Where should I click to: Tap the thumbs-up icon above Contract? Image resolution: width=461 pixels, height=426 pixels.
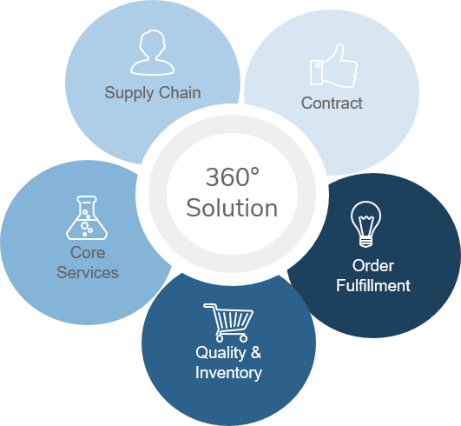[333, 66]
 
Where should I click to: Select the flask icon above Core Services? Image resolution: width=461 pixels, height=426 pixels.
[87, 218]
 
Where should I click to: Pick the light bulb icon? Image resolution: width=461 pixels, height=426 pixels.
[366, 223]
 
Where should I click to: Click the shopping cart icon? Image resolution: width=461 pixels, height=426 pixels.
[228, 323]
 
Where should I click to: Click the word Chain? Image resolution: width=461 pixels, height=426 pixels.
[180, 92]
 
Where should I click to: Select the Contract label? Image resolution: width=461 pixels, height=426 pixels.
[332, 103]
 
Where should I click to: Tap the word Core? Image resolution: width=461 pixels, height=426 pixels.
[88, 253]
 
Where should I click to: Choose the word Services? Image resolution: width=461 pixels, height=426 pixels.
[88, 272]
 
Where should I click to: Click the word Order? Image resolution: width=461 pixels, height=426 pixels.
[373, 265]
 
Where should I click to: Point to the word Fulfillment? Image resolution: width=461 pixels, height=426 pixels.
[373, 285]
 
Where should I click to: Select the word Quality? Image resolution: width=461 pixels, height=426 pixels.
[221, 353]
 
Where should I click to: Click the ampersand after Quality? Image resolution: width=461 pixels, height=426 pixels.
[256, 352]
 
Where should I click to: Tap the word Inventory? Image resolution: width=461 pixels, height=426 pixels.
[228, 373]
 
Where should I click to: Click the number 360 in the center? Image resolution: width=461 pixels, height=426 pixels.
[227, 177]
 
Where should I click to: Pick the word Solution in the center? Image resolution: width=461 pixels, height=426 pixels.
[232, 208]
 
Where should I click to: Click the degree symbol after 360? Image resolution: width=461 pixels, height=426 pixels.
[255, 172]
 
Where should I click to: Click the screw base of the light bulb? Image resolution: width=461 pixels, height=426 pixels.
[366, 242]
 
